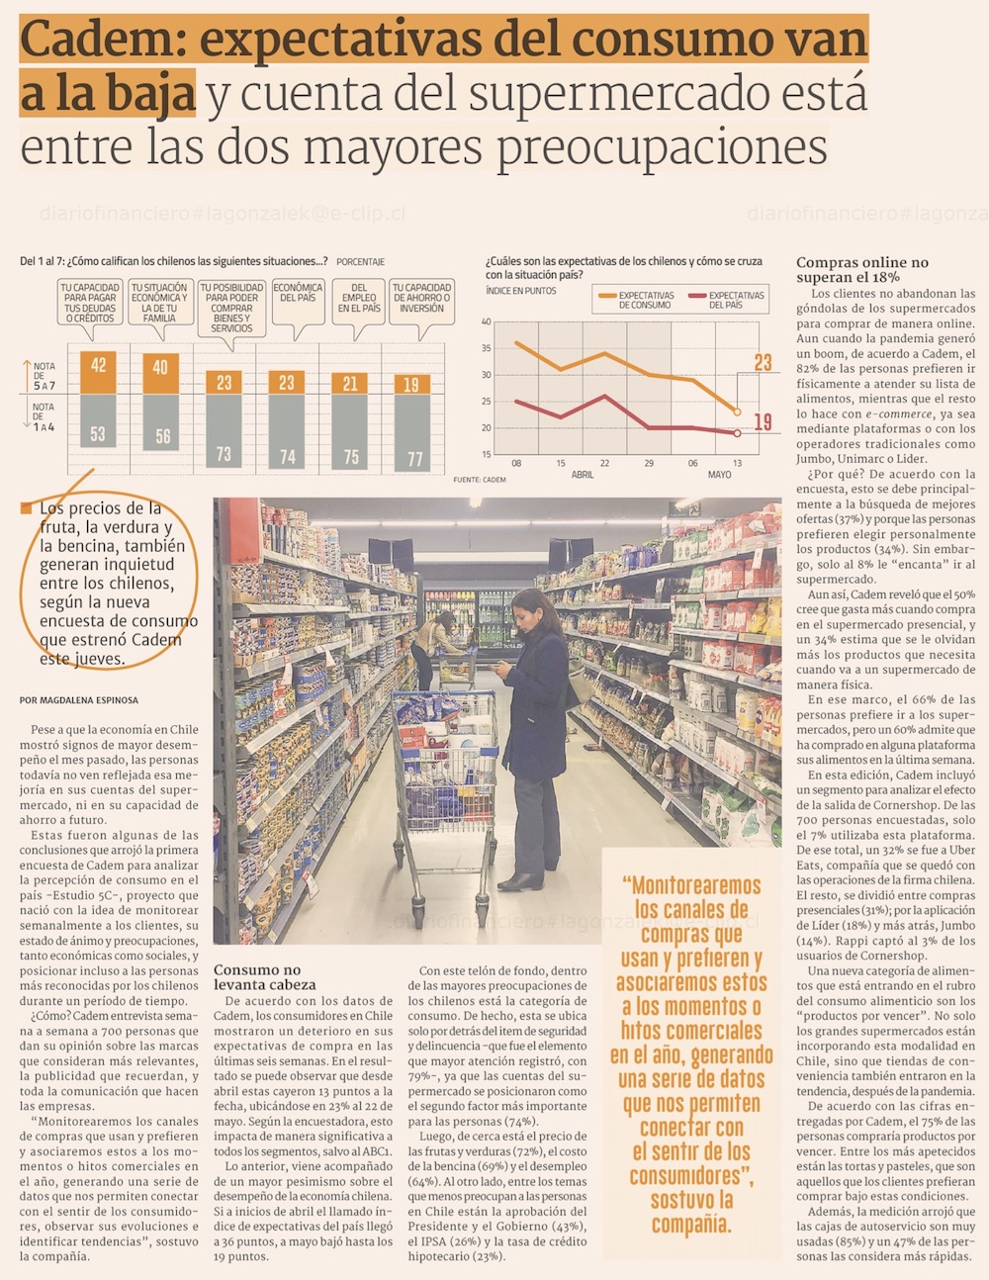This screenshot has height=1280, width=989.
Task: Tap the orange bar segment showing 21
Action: click(x=350, y=384)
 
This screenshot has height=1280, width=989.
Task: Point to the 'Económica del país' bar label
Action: click(x=298, y=293)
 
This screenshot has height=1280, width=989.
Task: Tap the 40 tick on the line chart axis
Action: click(x=487, y=322)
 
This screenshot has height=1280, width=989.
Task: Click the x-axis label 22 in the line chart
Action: click(x=605, y=463)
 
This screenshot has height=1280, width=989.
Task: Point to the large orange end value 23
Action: click(x=763, y=363)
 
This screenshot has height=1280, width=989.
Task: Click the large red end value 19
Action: click(x=763, y=422)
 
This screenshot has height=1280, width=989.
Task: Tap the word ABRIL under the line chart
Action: click(x=584, y=475)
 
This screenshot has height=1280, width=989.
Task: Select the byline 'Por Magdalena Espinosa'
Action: click(x=79, y=700)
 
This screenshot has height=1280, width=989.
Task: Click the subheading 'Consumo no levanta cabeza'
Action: click(x=264, y=977)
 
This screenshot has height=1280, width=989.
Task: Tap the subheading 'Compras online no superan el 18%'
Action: click(x=861, y=270)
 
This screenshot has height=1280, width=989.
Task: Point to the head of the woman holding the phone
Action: click(x=525, y=608)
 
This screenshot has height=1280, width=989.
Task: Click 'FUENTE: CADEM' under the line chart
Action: click(x=480, y=480)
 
